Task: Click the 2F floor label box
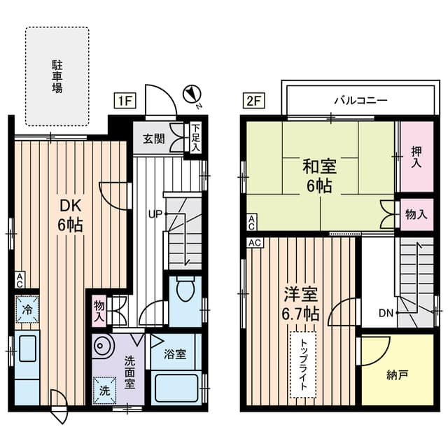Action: click(x=253, y=101)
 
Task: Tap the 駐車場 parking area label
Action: click(x=57, y=77)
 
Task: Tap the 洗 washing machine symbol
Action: click(x=104, y=391)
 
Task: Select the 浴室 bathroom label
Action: click(x=175, y=353)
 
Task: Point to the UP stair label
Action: click(x=155, y=213)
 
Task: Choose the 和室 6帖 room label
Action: click(x=319, y=176)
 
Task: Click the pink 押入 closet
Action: click(x=415, y=157)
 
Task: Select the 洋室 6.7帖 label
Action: click(x=302, y=302)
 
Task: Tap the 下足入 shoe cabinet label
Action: click(x=196, y=139)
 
